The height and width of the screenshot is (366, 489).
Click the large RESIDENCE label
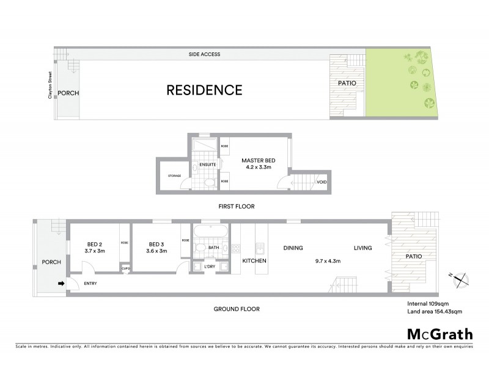coord(205,90)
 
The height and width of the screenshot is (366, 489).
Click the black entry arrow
coord(60,283)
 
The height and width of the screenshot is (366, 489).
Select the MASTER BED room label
coord(257,160)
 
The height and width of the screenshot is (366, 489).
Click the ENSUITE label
coord(207,163)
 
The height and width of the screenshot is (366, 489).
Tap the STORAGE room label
coord(174,176)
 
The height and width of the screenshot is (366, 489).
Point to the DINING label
coord(293,248)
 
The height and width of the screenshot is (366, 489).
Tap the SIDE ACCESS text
coord(204,55)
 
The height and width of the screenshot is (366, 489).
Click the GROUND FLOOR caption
coord(237,309)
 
